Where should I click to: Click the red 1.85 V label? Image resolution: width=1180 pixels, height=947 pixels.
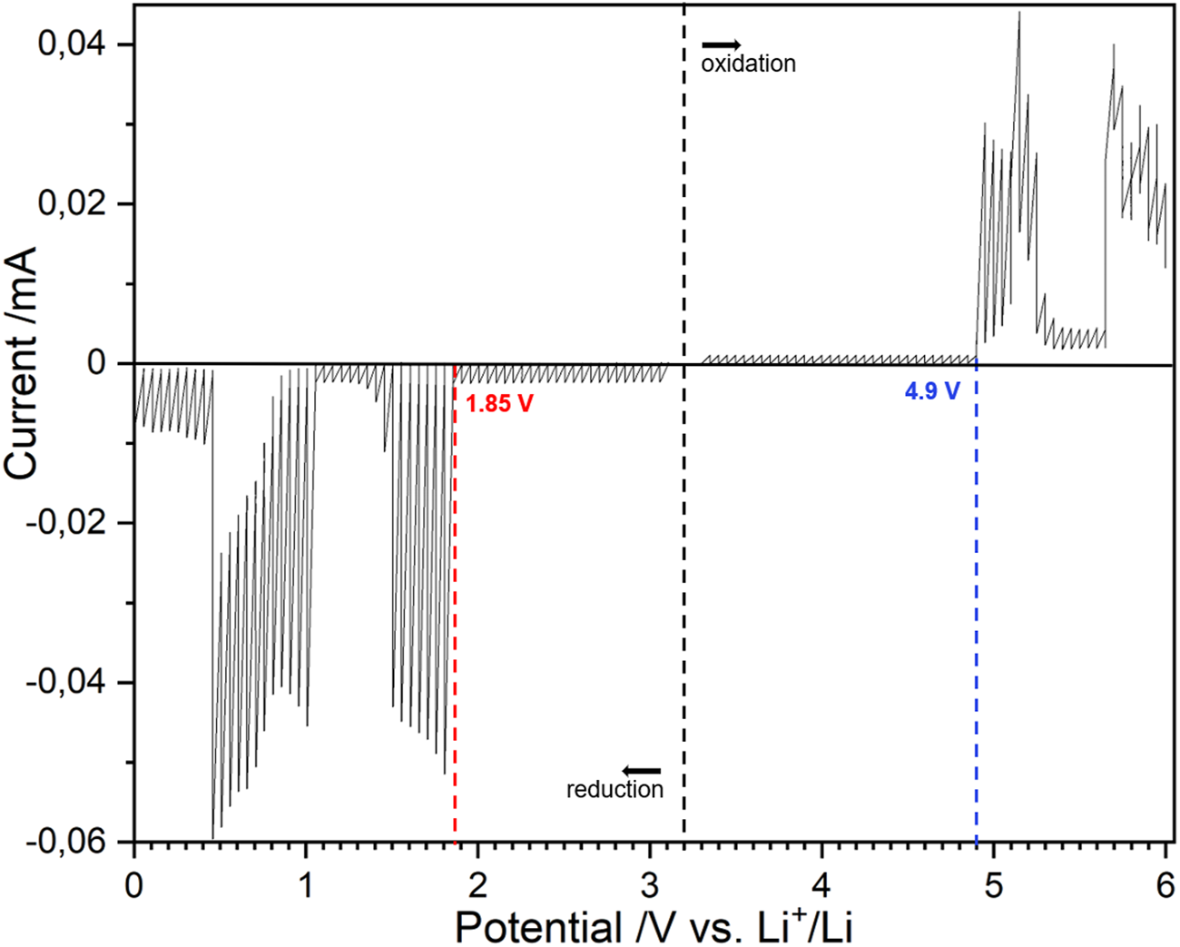[499, 403]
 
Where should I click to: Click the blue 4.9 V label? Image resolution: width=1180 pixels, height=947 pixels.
[931, 391]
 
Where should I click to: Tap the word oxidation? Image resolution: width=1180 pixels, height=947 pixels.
[748, 64]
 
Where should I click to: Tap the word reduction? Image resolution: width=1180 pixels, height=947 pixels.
[615, 789]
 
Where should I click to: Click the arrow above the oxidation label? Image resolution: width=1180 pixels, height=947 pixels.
[721, 44]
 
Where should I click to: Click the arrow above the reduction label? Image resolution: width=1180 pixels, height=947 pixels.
[642, 772]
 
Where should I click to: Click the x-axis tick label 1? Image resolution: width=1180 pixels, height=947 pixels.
[306, 883]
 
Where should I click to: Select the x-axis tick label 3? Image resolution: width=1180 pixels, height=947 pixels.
[650, 883]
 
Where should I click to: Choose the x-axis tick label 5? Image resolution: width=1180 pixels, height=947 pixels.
[994, 883]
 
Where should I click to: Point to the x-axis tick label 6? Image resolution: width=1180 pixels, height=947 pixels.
[1165, 883]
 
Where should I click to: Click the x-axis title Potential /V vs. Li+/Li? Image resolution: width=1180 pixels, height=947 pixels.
[653, 926]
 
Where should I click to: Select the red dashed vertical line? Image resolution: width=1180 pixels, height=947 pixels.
[455, 636]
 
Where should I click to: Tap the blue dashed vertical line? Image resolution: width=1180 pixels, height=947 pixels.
[977, 636]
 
